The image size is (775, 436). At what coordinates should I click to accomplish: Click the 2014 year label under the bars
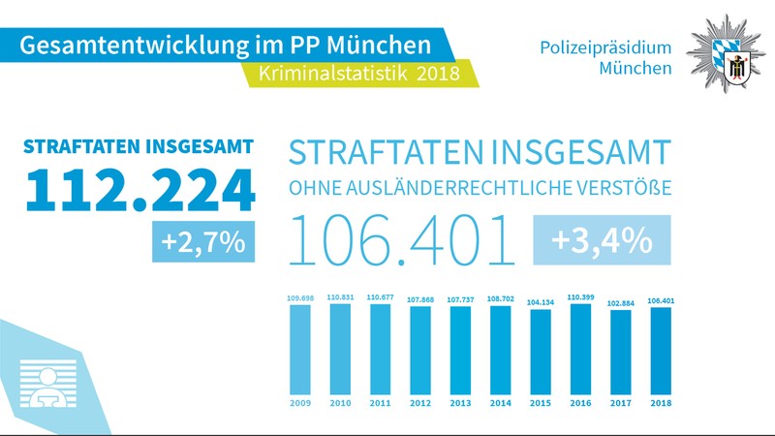point(500,402)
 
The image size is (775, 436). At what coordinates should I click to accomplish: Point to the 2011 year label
point(380,402)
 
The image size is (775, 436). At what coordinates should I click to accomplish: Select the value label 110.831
point(340,296)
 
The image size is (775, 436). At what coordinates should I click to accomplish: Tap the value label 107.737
point(459,299)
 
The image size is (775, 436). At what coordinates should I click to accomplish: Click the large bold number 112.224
point(139,191)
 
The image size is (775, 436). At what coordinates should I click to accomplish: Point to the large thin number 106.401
point(403,241)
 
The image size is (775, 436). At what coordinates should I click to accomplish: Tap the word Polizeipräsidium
point(606,47)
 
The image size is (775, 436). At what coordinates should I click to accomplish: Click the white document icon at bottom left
point(45,382)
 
